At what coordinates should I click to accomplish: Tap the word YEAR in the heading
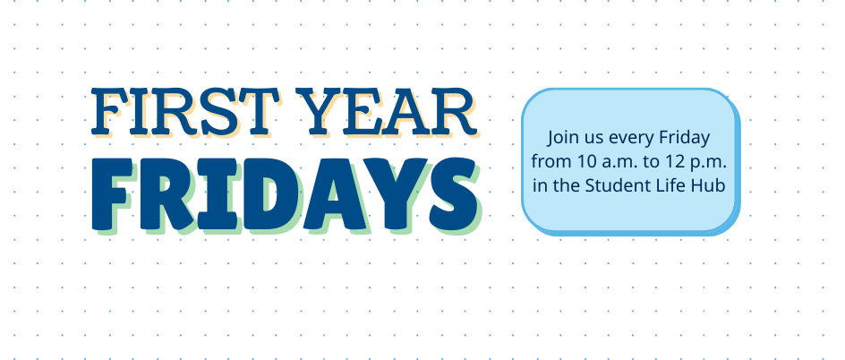[387, 112]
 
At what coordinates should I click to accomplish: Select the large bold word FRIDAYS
[285, 194]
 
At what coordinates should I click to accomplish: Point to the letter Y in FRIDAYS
[397, 194]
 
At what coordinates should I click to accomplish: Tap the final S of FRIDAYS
[453, 194]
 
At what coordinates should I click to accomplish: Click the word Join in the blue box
[559, 138]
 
